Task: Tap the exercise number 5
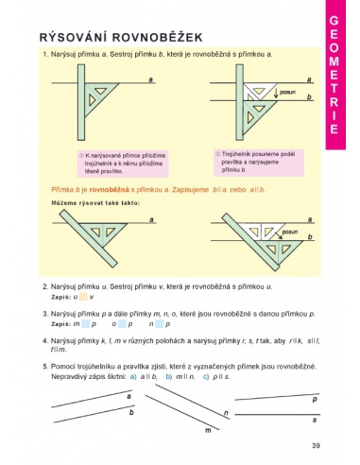point(45,365)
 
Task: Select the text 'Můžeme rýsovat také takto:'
point(97,203)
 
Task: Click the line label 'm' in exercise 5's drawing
point(207,430)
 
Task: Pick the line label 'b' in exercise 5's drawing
point(130,413)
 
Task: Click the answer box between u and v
point(83,297)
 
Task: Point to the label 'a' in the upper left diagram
point(151,80)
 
